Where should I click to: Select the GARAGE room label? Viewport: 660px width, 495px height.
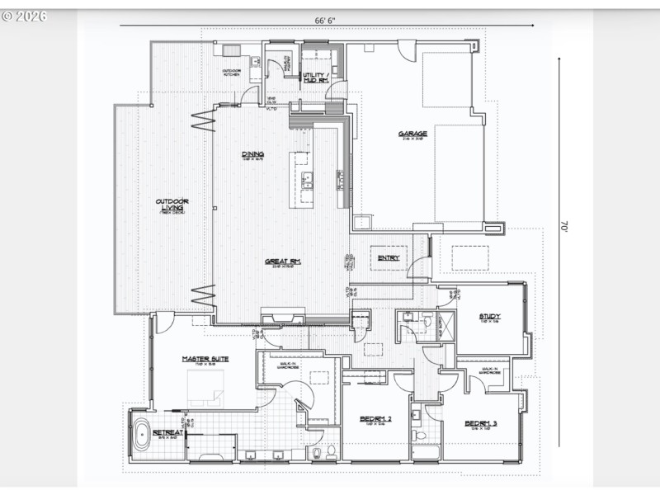[x=412, y=134]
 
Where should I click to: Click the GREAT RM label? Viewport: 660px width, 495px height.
[x=282, y=262]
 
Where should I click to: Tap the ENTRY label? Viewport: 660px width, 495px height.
[x=389, y=258]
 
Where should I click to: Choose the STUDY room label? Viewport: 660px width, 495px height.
[x=490, y=317]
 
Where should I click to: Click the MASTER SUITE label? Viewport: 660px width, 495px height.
[x=205, y=359]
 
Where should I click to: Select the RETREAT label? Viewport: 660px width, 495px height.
[x=167, y=431]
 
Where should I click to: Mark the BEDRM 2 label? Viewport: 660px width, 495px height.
[x=376, y=419]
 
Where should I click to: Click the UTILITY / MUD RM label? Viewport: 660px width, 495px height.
[x=315, y=78]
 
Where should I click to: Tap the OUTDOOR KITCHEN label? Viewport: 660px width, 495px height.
[x=232, y=73]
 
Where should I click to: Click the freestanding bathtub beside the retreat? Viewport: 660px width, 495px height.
[x=142, y=435]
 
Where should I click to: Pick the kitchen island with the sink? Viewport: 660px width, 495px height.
[x=302, y=179]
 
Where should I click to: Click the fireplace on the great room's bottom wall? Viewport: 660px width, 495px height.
[x=282, y=316]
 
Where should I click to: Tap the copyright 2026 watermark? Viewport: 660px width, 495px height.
[x=25, y=16]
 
